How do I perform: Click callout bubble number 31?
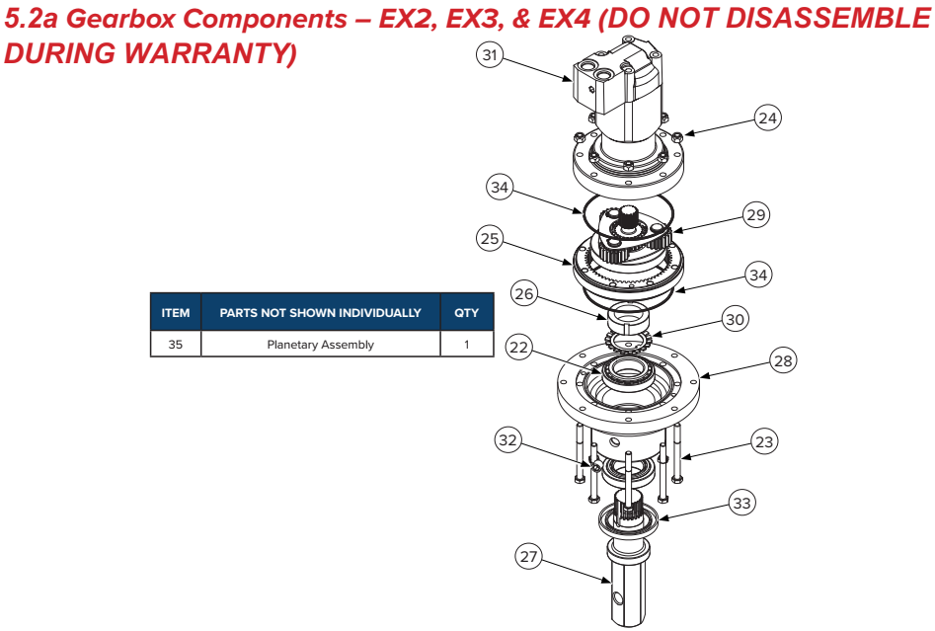coord(490,55)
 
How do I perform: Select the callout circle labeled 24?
coord(767,118)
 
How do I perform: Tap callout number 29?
coord(756,214)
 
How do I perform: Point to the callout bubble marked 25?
coord(490,239)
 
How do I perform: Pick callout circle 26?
coord(524,293)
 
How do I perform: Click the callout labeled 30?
coord(735,319)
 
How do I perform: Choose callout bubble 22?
coord(518,348)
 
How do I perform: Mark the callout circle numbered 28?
coord(783,360)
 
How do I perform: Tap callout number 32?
coord(507,440)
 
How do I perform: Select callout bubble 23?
coord(764,442)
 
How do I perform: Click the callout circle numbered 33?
coord(741,503)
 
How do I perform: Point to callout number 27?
coord(528,557)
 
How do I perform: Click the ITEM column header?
coord(176,312)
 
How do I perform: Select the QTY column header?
coord(467,312)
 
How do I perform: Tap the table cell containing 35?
coord(176,344)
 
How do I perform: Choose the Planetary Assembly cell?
coord(320,344)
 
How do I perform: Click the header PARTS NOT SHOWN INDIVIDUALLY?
coord(320,312)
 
